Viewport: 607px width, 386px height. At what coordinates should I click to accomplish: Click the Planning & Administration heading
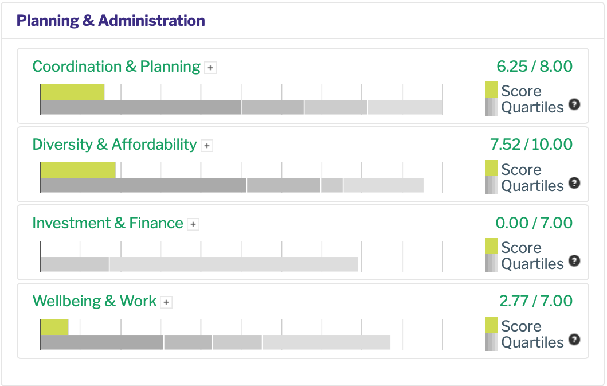pos(111,21)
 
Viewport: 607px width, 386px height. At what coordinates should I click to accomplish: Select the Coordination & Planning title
pos(116,67)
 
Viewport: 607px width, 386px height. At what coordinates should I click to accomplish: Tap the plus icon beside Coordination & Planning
pos(211,68)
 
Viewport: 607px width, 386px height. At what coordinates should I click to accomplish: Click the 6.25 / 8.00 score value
pos(534,67)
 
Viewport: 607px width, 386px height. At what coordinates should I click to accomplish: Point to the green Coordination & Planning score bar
pos(72,92)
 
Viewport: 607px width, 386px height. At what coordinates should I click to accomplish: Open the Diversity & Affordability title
pos(114,145)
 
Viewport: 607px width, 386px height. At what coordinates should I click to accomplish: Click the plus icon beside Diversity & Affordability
pos(207,146)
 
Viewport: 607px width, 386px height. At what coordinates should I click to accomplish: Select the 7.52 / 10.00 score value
pos(531,145)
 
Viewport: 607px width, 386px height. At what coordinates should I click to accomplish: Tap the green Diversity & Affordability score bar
pos(78,170)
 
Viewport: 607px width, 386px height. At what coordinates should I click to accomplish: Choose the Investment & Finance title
pos(108,223)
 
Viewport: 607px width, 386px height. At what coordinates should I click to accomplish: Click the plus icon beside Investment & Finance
pos(194,224)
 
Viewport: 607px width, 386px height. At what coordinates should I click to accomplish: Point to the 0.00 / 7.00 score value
pos(534,223)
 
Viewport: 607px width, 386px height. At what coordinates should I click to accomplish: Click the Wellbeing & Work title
pos(95,301)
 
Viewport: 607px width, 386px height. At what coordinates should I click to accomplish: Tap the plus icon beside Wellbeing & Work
pos(166,302)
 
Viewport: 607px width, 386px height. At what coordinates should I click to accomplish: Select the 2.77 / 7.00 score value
pos(535,301)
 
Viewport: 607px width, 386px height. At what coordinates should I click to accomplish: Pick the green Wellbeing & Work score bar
pos(54,327)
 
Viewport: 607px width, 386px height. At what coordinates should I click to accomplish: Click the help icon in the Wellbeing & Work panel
pos(574,339)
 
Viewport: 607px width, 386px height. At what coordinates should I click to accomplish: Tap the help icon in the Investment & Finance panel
pos(574,261)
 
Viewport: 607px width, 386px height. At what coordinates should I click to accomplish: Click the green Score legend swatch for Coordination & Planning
pos(492,89)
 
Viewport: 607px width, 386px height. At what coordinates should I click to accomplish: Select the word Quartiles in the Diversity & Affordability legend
pos(532,186)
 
